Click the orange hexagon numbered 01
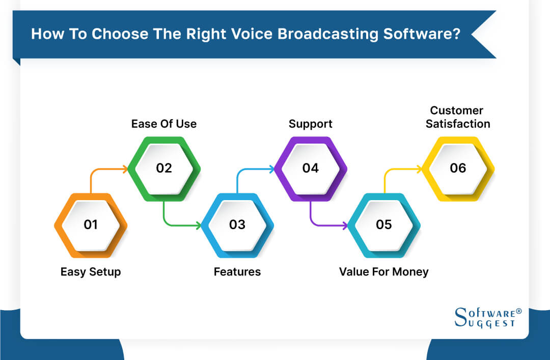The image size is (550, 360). point(91,225)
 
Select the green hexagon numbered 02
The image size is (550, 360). point(164,168)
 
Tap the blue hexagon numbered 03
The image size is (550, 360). point(237,225)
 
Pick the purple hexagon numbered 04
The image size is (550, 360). point(311,168)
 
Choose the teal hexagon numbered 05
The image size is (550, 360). point(384,225)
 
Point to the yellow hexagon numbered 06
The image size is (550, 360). point(458,168)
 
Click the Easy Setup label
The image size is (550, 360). point(91,272)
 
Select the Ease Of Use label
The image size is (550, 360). point(164,124)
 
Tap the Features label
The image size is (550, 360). point(237,272)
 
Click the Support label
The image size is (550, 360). point(311,124)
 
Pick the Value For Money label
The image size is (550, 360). point(384,272)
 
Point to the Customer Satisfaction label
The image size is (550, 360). point(458,117)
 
